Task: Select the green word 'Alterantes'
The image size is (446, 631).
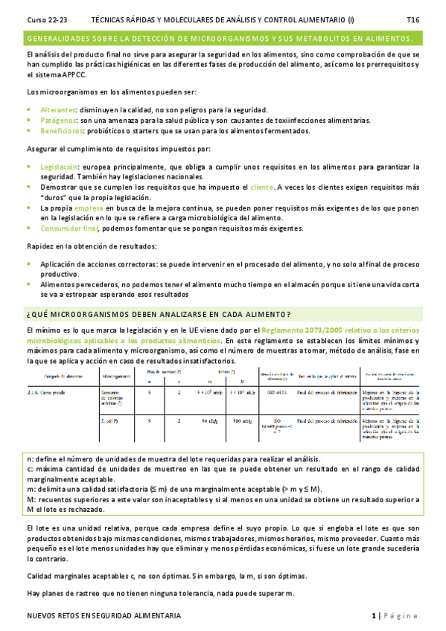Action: coord(57,109)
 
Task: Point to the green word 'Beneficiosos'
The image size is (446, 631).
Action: coord(62,131)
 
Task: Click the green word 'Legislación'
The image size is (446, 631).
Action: coord(60,167)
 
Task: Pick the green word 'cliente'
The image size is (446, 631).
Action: coord(262,188)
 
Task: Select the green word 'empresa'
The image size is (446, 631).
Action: coord(89,210)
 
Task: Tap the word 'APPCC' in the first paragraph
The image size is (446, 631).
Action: coord(57,76)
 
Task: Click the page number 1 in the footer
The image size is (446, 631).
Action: coord(374,616)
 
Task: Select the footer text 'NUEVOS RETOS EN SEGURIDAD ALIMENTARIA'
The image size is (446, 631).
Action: coord(103,616)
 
